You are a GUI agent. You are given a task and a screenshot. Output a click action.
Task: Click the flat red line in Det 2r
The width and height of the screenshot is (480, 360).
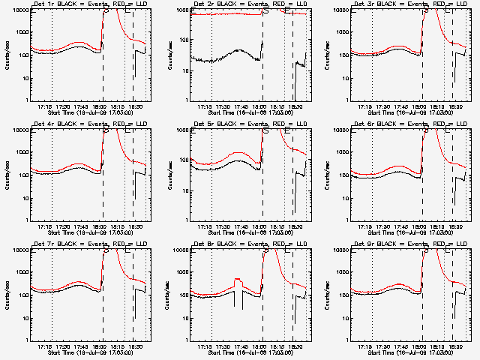[x=225, y=14]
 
